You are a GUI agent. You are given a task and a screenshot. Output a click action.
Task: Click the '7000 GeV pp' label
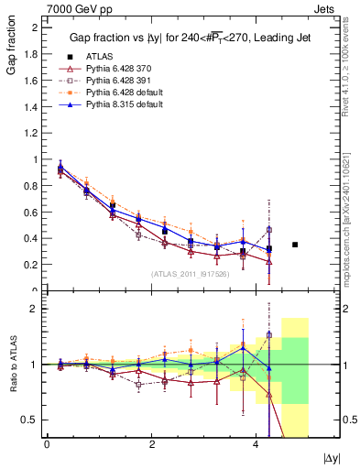[72, 7]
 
